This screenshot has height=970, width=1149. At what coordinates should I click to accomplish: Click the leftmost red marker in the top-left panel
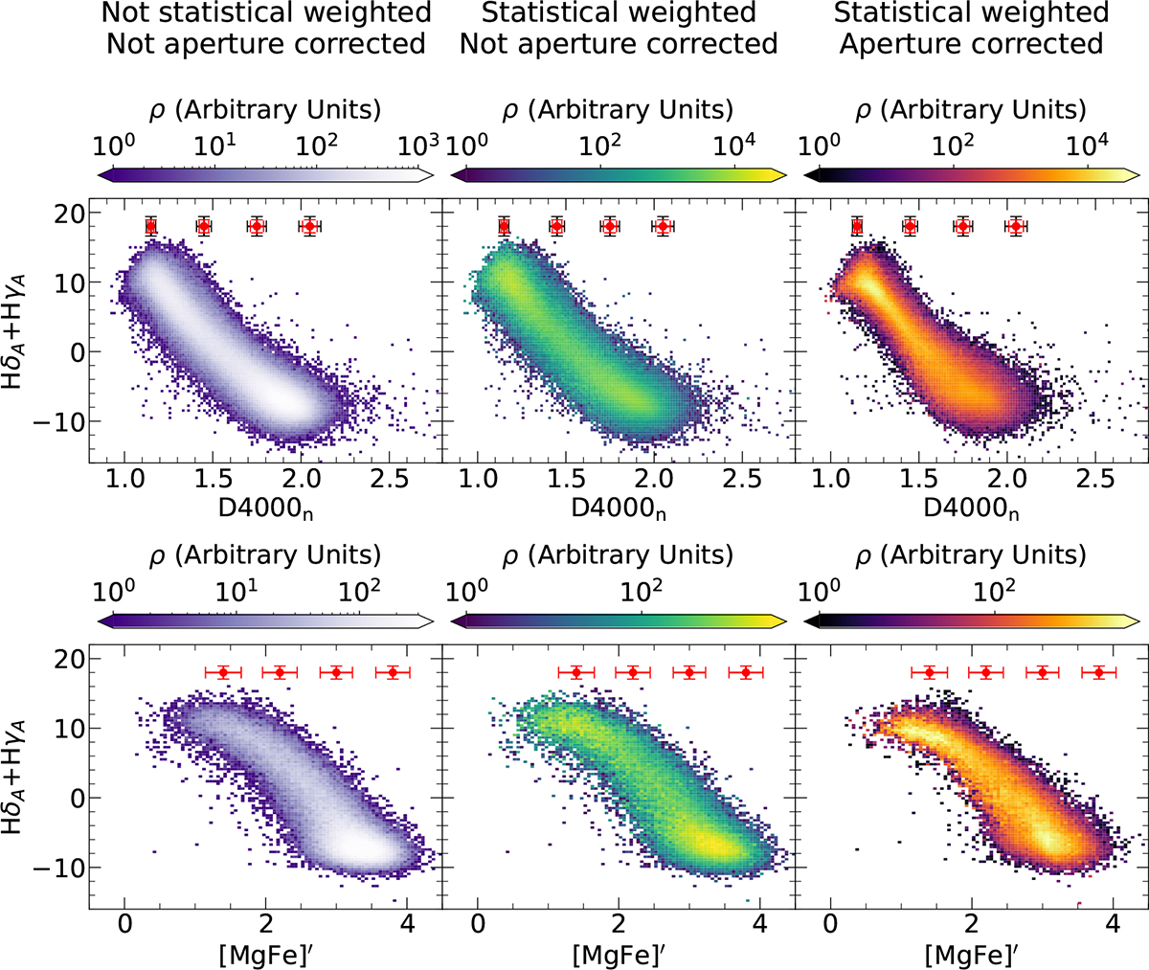150,226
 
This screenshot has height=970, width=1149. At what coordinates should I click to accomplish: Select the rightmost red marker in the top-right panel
1017,226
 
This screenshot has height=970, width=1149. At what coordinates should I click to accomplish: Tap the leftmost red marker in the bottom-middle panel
575,672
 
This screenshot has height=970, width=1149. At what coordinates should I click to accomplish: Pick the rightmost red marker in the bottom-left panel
393,672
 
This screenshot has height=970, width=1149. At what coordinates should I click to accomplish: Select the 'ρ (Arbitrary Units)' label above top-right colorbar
971,110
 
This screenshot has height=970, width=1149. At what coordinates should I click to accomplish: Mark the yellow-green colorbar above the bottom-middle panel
619,620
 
